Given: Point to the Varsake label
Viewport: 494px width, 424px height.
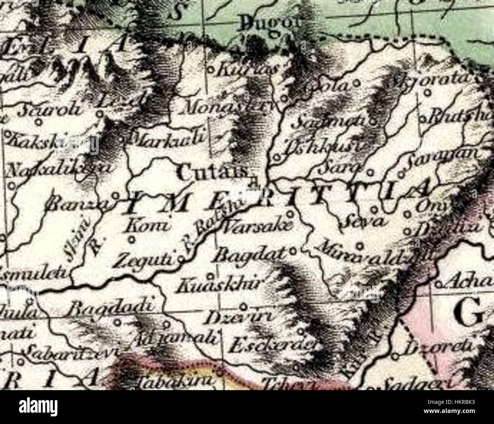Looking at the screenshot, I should (258, 227).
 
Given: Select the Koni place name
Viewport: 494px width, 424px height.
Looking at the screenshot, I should (146, 227).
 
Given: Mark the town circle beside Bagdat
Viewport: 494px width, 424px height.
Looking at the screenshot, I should (293, 251).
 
